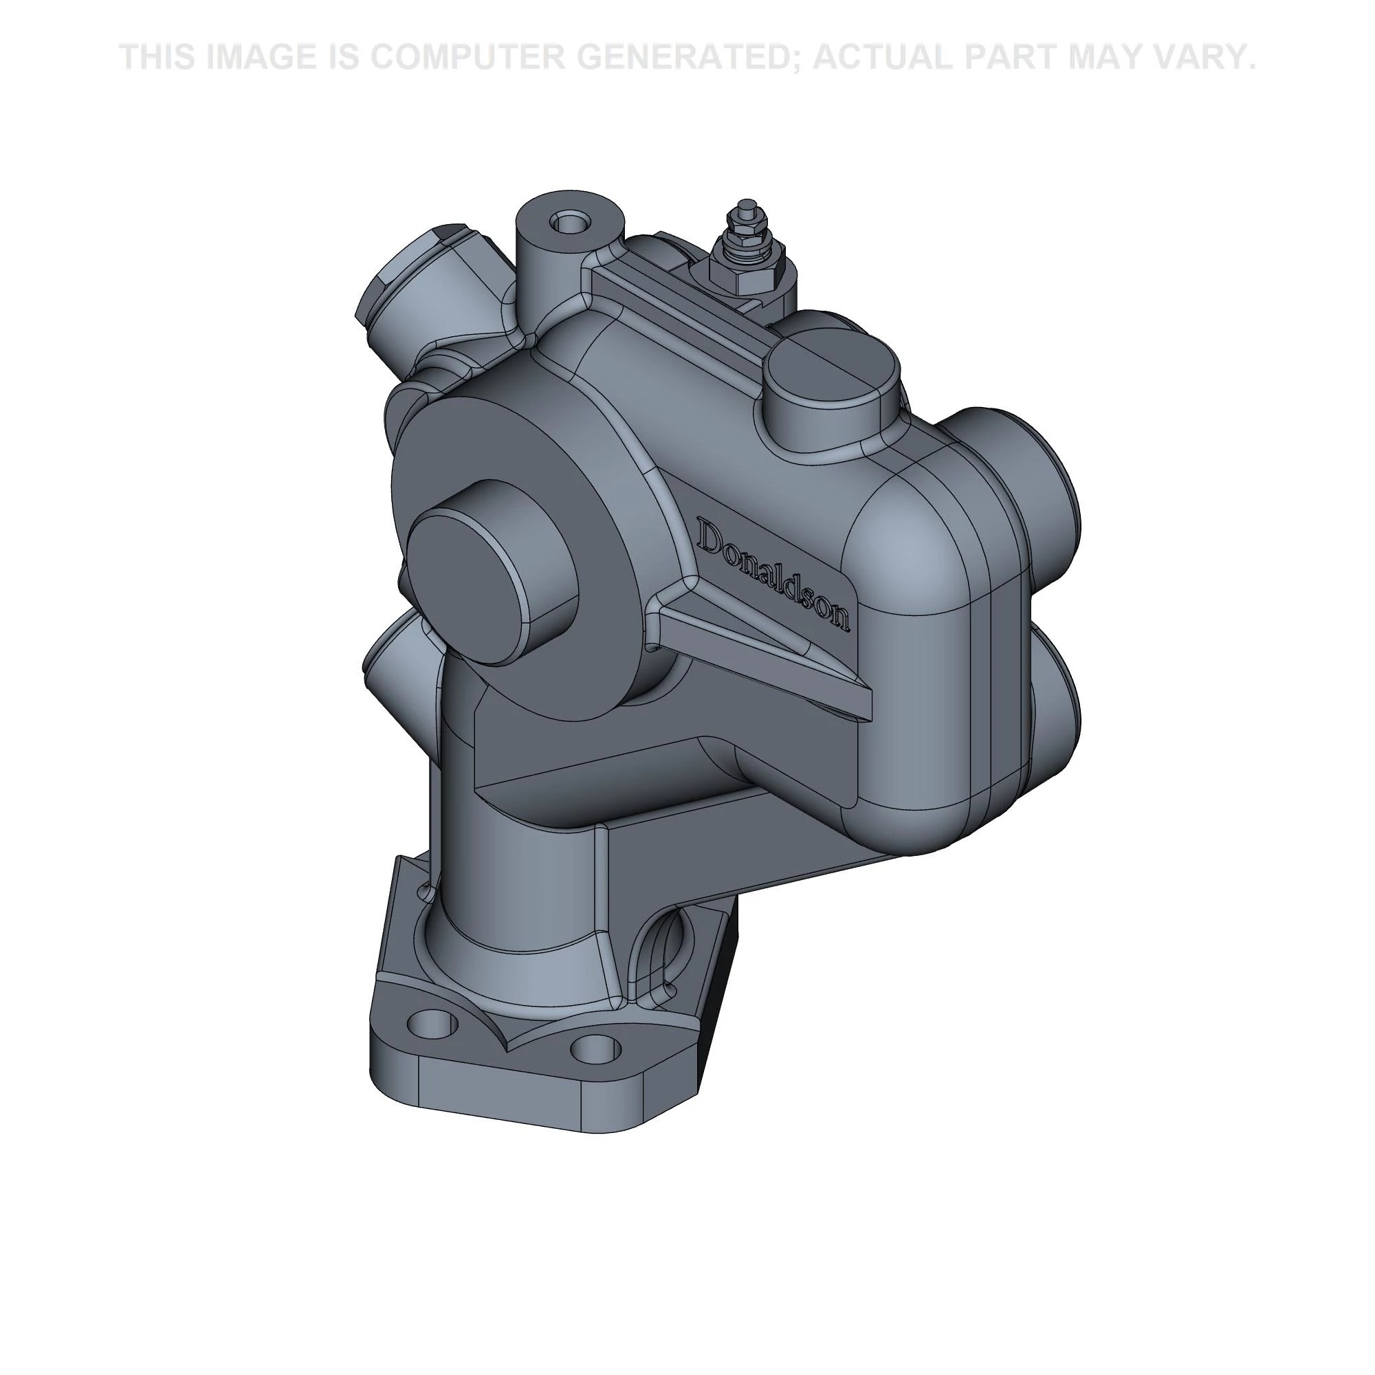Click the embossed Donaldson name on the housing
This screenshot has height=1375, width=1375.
[x=773, y=573]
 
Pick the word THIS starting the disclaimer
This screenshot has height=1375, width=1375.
[x=157, y=57]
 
